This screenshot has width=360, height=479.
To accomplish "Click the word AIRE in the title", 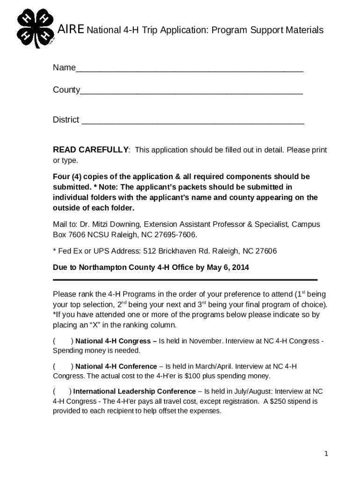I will point(71,30).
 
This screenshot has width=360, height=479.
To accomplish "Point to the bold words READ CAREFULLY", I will point(91,150).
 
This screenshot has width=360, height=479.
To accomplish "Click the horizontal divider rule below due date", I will point(185,280).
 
